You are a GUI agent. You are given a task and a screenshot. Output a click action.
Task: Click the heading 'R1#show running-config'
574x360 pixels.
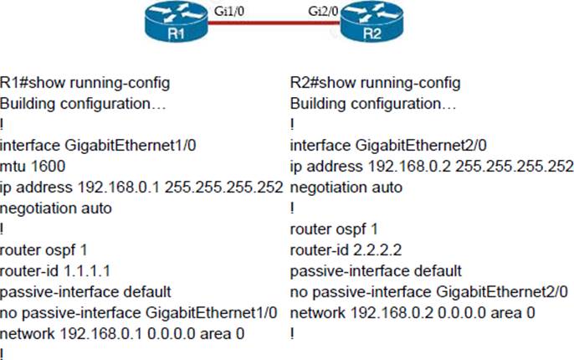click(85, 83)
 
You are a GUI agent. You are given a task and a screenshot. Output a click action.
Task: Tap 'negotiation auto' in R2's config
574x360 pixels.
click(346, 187)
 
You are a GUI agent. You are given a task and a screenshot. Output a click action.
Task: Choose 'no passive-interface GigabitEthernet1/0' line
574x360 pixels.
click(139, 311)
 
